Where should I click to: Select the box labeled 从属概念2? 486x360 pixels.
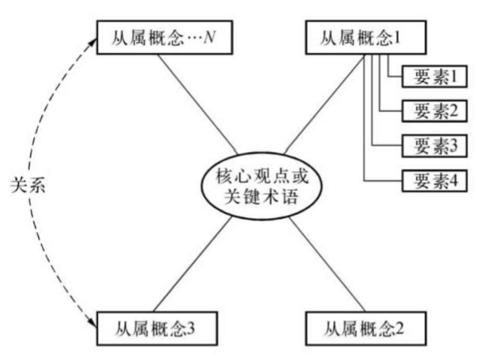click(x=360, y=324)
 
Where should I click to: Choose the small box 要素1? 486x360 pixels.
click(x=435, y=76)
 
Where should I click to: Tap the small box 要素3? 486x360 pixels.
click(x=435, y=145)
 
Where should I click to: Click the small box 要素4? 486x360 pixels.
click(x=435, y=181)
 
